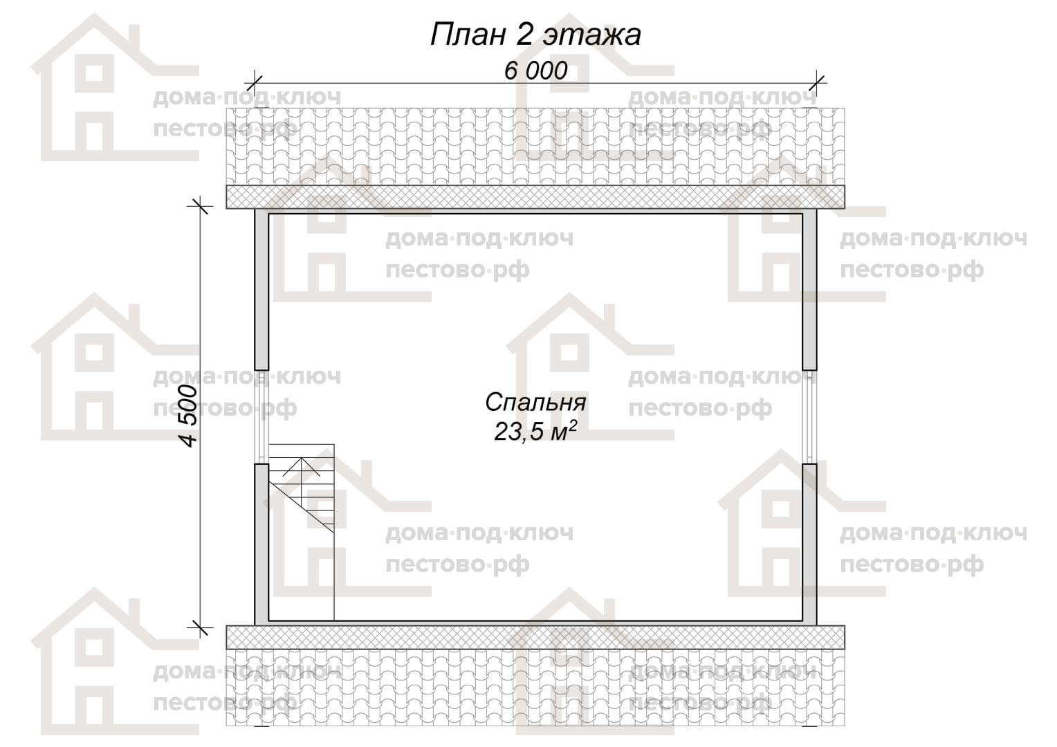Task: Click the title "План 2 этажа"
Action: pos(535,35)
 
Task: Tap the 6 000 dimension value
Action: pos(535,71)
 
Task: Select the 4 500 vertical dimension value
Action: pos(189,416)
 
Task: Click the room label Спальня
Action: pos(535,403)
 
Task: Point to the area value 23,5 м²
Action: pos(535,431)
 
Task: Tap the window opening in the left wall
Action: pos(262,416)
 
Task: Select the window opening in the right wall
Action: pos(809,416)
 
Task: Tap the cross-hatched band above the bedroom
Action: pos(535,196)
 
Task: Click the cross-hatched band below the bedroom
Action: pos(535,638)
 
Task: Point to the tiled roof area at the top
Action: pos(535,147)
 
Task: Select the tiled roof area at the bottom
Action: pos(535,688)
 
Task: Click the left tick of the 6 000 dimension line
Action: pos(255,84)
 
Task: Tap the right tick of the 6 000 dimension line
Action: pos(817,84)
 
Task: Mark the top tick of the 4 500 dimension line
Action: pos(200,205)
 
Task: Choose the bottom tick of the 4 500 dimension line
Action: pos(200,627)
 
